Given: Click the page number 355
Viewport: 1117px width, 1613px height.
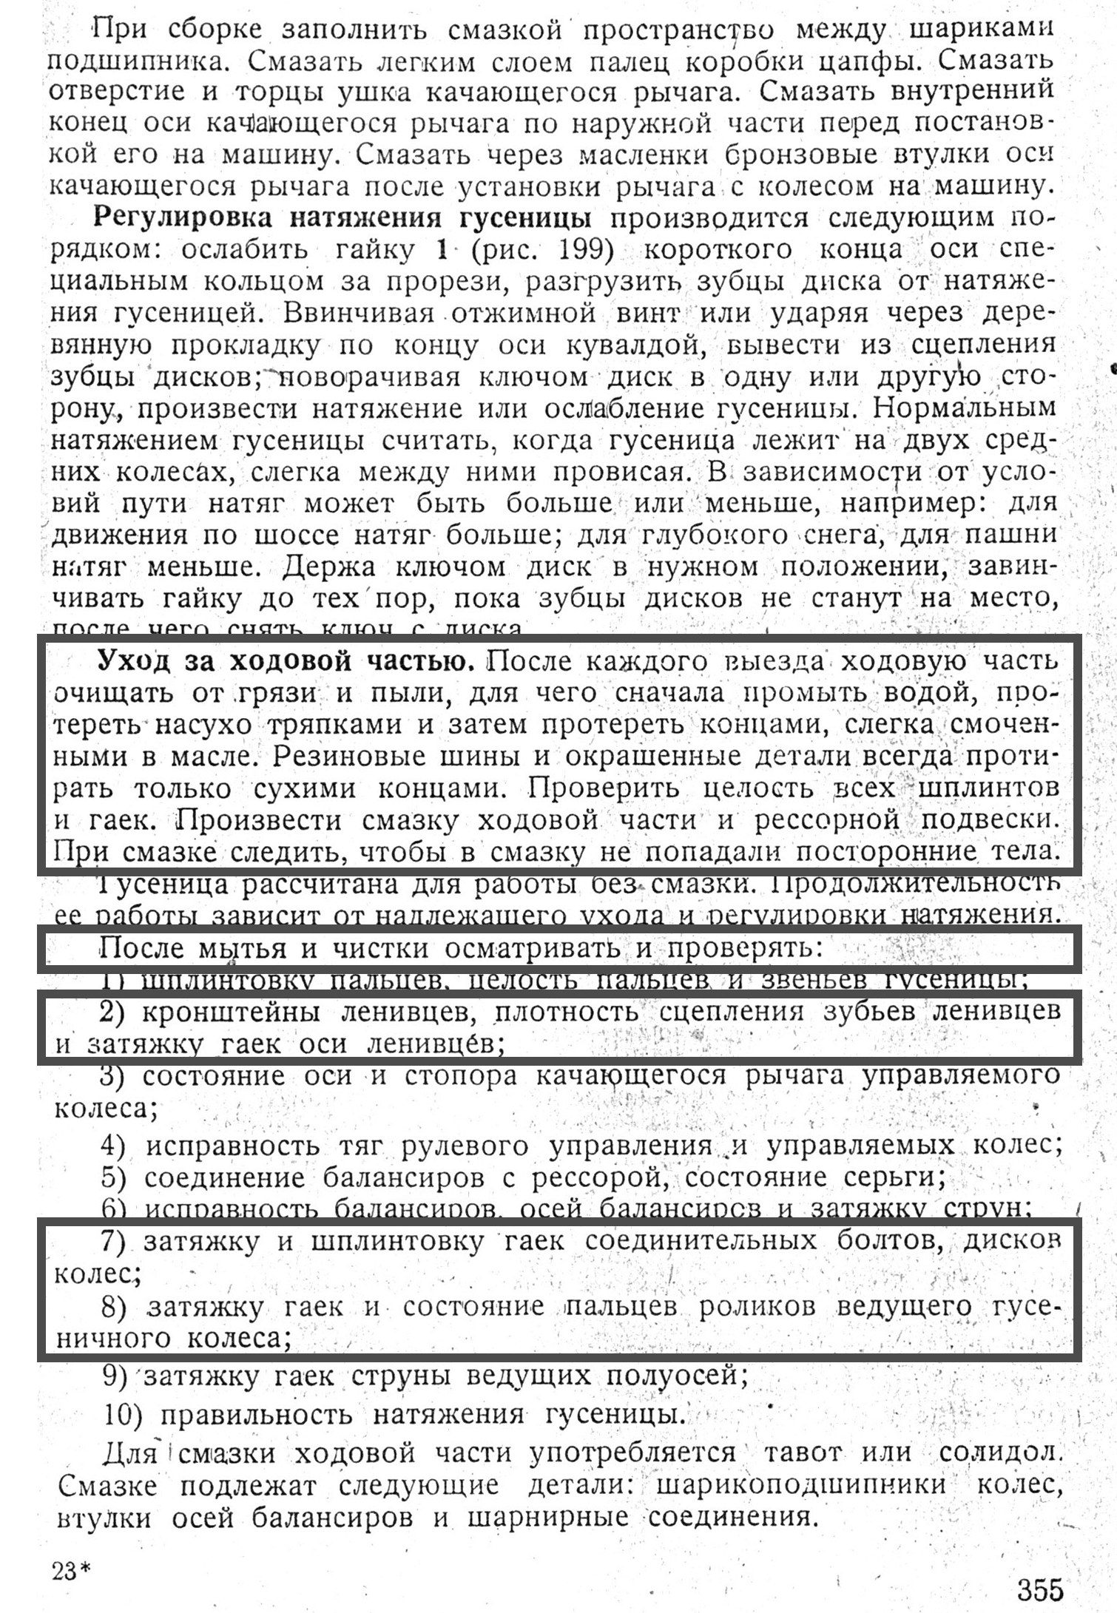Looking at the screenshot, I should (1039, 1588).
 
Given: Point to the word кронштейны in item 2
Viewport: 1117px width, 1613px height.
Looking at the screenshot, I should (230, 1011).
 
